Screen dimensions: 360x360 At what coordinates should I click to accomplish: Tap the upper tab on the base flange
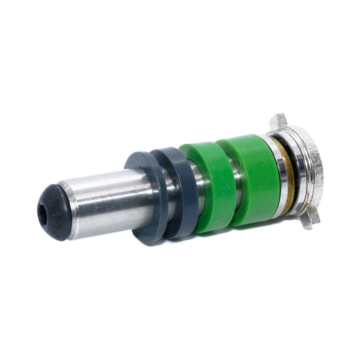278,121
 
